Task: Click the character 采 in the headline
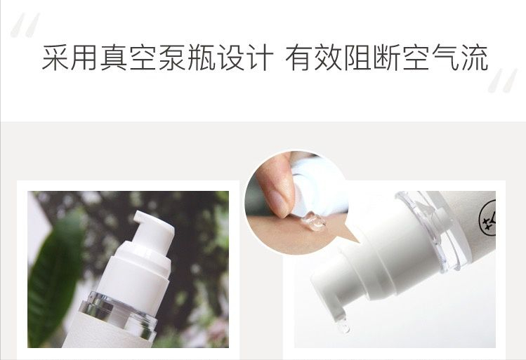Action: (55, 58)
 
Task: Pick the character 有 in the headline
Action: (297, 58)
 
